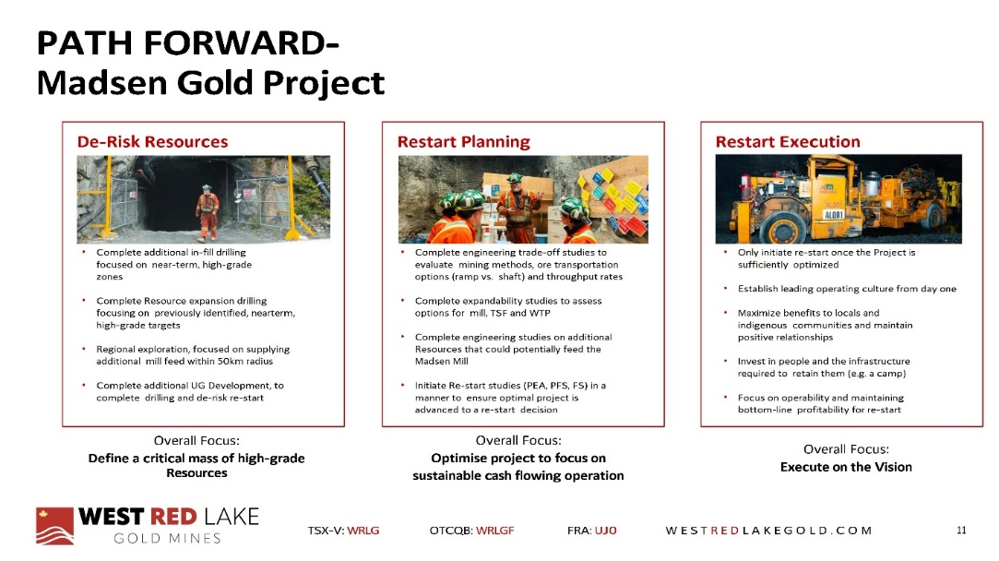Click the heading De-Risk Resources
click(152, 141)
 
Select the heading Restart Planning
click(464, 141)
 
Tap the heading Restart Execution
click(788, 141)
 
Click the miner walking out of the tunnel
click(207, 212)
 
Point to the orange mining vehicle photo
click(838, 199)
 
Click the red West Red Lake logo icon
click(54, 526)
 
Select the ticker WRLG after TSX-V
click(363, 531)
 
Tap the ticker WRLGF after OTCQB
click(495, 531)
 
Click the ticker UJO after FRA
click(605, 531)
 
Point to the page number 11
click(961, 530)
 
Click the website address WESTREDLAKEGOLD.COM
click(768, 531)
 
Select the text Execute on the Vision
click(846, 467)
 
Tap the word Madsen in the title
click(101, 83)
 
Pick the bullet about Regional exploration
click(193, 355)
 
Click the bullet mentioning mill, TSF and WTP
click(508, 306)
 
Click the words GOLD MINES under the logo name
click(167, 538)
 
